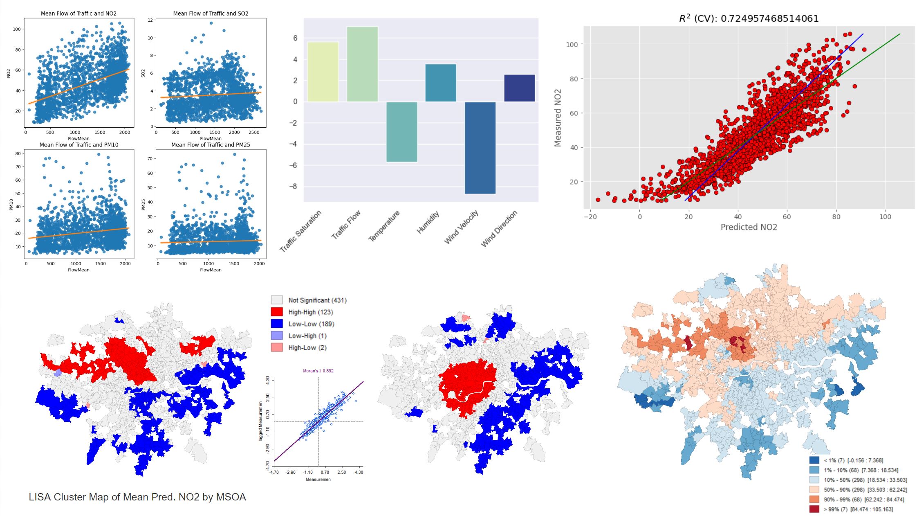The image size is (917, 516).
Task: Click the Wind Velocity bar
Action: point(480,147)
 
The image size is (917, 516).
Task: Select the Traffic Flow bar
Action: point(362,64)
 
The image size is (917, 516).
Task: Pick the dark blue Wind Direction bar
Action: point(519,88)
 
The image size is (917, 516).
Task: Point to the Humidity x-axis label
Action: point(428,222)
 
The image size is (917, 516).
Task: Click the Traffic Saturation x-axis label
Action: point(300,231)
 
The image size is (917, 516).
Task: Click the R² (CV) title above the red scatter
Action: point(749,18)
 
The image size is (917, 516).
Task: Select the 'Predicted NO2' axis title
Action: point(749,227)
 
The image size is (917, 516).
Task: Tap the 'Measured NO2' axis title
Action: point(558,118)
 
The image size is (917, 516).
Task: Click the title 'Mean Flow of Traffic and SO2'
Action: point(211,14)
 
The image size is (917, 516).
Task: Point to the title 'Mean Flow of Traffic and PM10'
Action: point(79,145)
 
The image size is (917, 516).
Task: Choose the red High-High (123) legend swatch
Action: point(277,312)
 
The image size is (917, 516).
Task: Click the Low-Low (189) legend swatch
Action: point(277,324)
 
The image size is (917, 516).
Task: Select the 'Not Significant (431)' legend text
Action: point(317,300)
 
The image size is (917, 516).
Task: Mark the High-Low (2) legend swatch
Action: point(277,348)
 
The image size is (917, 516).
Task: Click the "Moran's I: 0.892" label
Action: point(318,371)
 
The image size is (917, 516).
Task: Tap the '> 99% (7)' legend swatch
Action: point(814,509)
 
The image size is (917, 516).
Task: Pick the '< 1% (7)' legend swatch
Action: point(814,460)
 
